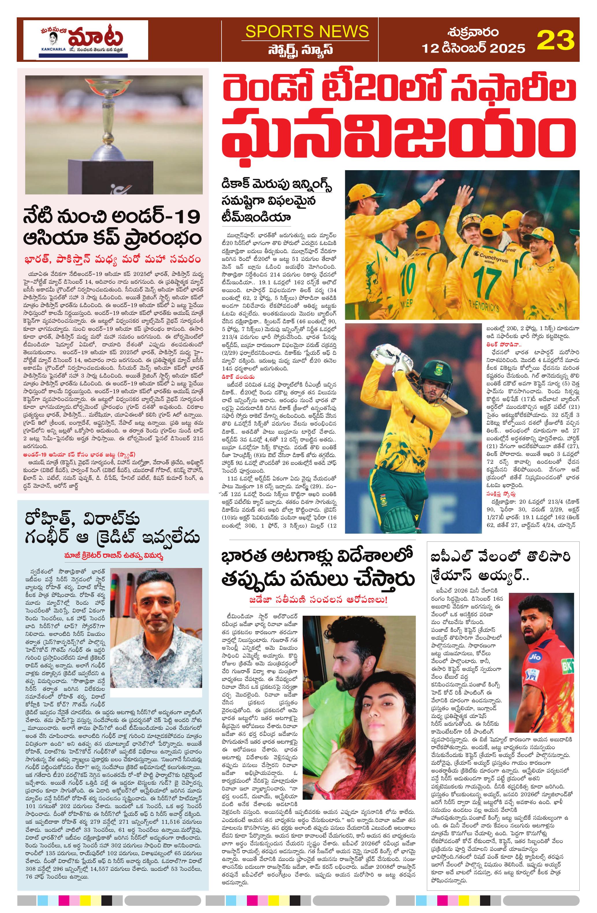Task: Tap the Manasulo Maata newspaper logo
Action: tap(85, 40)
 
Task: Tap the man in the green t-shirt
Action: tap(337, 675)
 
